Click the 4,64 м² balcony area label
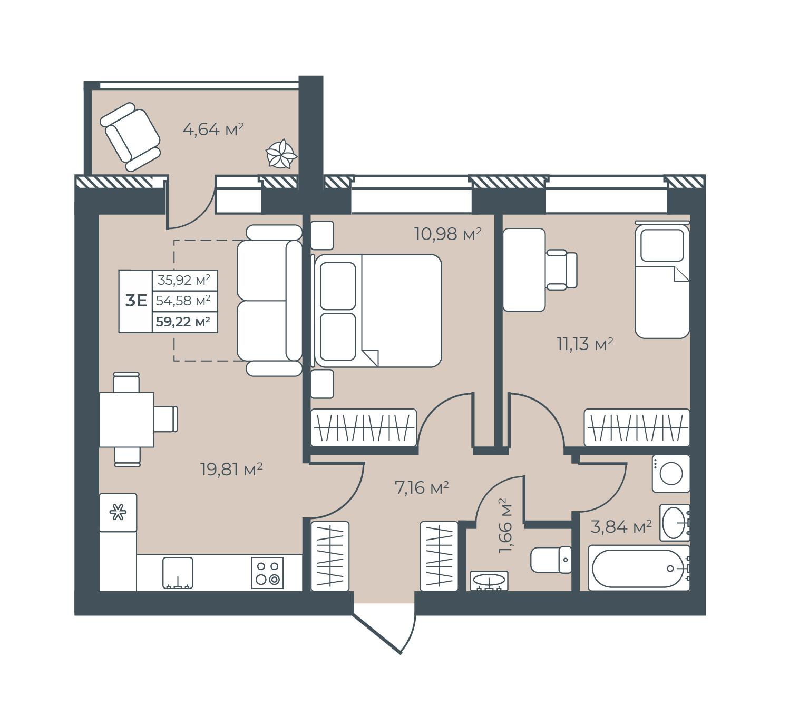(x=213, y=129)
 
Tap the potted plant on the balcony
(x=281, y=154)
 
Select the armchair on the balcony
(x=130, y=136)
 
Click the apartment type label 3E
(x=136, y=301)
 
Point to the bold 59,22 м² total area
(x=183, y=322)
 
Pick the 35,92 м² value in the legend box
(x=183, y=280)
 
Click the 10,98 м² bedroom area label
(x=447, y=234)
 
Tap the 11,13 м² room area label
(x=584, y=344)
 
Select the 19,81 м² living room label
(x=231, y=469)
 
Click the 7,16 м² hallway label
(x=422, y=487)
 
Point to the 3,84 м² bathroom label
(x=621, y=526)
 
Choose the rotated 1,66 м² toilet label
(x=505, y=526)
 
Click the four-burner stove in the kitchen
(x=267, y=573)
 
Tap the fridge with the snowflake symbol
(x=118, y=513)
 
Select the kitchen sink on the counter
(x=178, y=573)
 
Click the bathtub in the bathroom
(x=638, y=568)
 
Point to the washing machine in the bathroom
(x=671, y=474)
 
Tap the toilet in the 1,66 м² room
(x=551, y=560)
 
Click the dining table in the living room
(x=126, y=420)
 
